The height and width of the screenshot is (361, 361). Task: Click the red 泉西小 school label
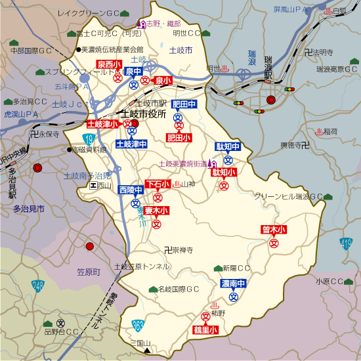point(109,64)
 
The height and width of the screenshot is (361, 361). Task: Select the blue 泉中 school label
point(133,72)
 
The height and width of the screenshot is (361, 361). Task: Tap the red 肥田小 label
point(178,138)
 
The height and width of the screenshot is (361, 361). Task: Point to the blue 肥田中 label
point(184,104)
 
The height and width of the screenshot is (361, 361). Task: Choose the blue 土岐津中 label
point(131,144)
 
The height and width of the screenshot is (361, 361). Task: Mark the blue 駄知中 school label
point(228,146)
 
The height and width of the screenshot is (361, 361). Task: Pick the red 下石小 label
point(158,184)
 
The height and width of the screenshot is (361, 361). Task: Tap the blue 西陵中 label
point(131,190)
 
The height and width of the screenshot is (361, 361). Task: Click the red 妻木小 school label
point(156,211)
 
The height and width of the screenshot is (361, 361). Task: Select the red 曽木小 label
point(274,230)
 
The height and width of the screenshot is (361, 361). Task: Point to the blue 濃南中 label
point(233,284)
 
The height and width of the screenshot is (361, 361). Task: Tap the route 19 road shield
point(88,138)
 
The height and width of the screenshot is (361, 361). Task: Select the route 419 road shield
point(346,244)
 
